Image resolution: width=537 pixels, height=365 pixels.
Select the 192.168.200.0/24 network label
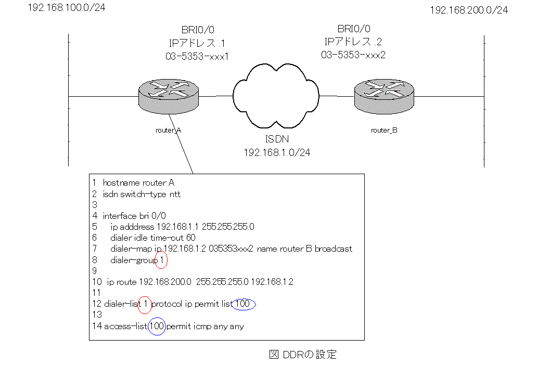(469, 10)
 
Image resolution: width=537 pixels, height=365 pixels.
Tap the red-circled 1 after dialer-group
(161, 259)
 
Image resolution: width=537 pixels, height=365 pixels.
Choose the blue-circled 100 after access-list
(157, 327)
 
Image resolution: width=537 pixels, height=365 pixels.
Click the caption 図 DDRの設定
(303, 355)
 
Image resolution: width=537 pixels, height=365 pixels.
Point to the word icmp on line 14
(199, 327)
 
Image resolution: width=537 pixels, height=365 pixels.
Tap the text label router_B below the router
(384, 131)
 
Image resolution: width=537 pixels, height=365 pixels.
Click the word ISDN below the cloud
(275, 140)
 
